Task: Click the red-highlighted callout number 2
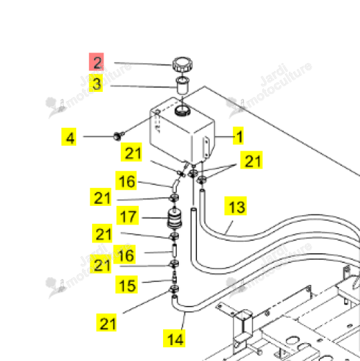(x=96, y=62)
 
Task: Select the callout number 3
(x=96, y=83)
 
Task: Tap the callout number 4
(x=69, y=137)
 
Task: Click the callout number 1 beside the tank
(x=239, y=136)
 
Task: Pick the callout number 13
(x=236, y=206)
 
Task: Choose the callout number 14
(x=174, y=338)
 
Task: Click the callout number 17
(x=128, y=215)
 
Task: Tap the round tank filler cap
(x=183, y=64)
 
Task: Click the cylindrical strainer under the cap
(x=183, y=85)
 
